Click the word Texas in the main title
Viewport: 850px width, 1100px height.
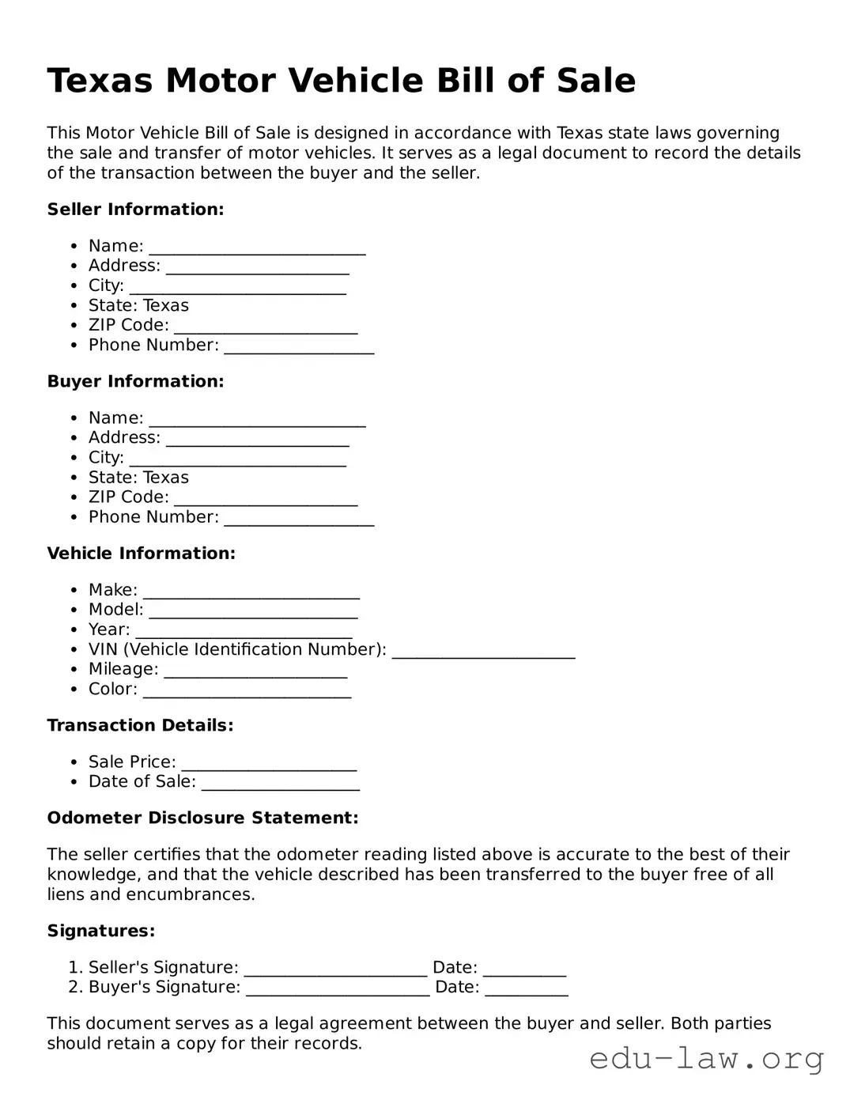100,81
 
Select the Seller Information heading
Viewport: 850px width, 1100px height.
135,210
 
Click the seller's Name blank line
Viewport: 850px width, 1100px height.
257,248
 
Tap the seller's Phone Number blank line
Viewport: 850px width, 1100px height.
299,346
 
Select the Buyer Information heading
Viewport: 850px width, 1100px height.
135,381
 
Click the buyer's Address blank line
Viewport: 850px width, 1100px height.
257,439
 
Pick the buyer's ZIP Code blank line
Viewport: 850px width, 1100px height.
266,498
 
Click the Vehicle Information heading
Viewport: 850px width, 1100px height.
141,554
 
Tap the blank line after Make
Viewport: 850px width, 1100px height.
251,592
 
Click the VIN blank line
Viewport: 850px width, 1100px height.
483,651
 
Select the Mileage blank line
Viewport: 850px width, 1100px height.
255,671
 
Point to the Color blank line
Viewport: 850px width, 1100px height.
247,690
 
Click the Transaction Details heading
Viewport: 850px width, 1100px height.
140,725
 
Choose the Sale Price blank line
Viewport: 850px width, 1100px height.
269,763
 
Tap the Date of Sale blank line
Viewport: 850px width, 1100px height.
280,783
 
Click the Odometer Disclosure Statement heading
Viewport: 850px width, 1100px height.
202,818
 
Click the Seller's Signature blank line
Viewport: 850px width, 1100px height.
335,969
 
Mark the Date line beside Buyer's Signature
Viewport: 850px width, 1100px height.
526,988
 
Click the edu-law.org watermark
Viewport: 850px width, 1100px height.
707,1058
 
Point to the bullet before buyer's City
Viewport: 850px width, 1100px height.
74,458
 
